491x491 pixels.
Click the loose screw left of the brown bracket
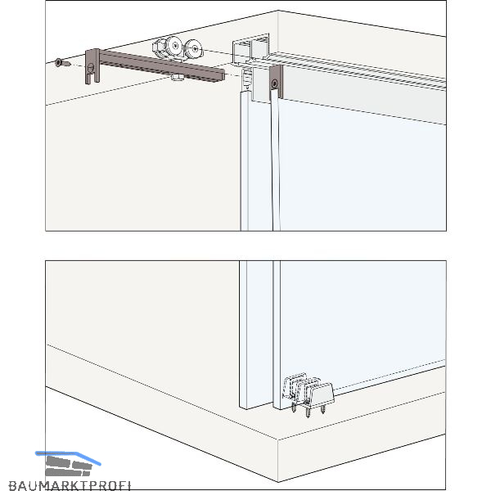click(63, 63)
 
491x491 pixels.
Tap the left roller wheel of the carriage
click(174, 46)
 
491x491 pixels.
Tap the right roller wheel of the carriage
click(195, 48)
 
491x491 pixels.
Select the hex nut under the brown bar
click(178, 77)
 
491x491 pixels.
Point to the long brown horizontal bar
click(162, 66)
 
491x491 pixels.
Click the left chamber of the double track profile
click(241, 50)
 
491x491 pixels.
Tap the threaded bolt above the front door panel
click(247, 78)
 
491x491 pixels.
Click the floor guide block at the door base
click(320, 393)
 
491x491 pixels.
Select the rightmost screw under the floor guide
click(323, 408)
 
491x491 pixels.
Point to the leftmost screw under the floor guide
click(294, 407)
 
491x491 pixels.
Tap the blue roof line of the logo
click(68, 457)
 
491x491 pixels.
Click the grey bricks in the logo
click(68, 466)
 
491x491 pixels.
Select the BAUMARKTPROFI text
click(70, 485)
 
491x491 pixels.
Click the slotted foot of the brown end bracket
click(92, 79)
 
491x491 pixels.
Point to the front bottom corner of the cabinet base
click(277, 482)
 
